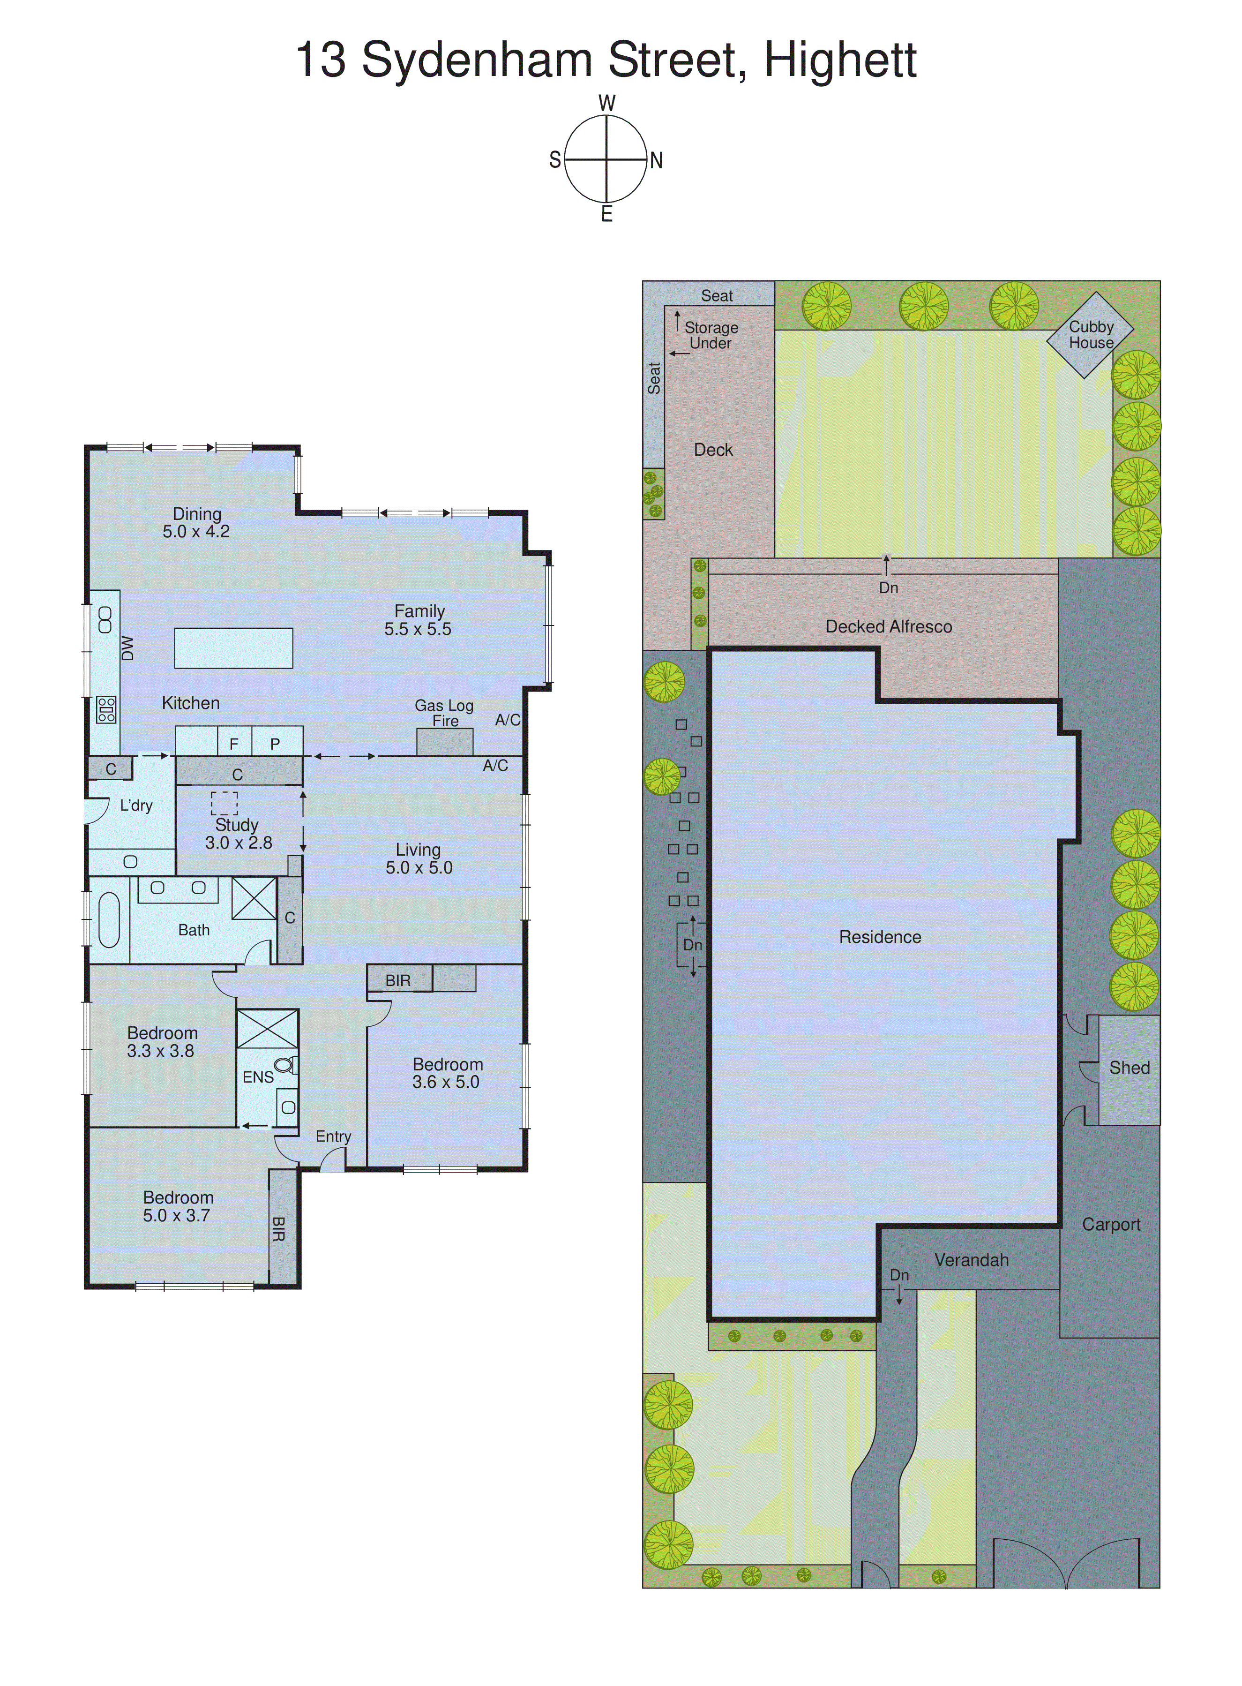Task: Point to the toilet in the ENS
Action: point(284,1065)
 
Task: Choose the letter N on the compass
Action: point(656,160)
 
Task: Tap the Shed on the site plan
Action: point(1129,1068)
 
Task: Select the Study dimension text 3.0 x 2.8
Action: point(239,843)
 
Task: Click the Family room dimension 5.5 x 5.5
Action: point(418,629)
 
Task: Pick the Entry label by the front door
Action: point(333,1137)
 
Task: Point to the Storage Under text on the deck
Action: point(711,335)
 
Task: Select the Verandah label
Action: point(972,1260)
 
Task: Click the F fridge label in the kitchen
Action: point(234,744)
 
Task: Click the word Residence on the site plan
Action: point(880,937)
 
